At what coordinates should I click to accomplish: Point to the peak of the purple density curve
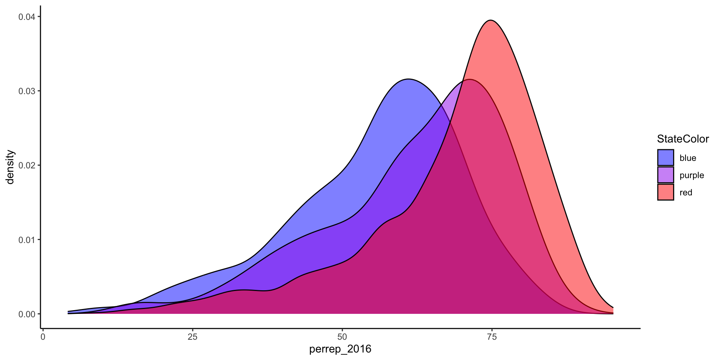coord(469,79)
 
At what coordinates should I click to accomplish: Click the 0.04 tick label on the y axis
coord(27,17)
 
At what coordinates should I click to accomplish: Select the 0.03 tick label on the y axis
coord(27,91)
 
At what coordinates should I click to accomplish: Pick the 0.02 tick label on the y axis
coord(27,165)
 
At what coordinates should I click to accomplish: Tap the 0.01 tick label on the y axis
coord(27,240)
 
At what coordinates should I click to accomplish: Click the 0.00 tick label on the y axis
coord(27,314)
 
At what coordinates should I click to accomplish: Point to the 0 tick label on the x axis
coord(43,337)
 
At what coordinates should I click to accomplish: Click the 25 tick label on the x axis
coord(192,337)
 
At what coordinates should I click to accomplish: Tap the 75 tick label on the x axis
coord(492,337)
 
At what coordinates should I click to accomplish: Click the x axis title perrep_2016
coord(340,349)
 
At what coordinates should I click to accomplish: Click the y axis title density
coord(10,167)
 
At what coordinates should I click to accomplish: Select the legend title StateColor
coord(683,139)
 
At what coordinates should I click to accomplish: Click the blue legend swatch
coord(666,157)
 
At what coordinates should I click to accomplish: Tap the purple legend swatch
coord(666,175)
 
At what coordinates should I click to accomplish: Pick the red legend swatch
coord(666,192)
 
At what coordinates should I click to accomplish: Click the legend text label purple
coord(692,175)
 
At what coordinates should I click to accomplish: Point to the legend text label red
coord(686,193)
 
